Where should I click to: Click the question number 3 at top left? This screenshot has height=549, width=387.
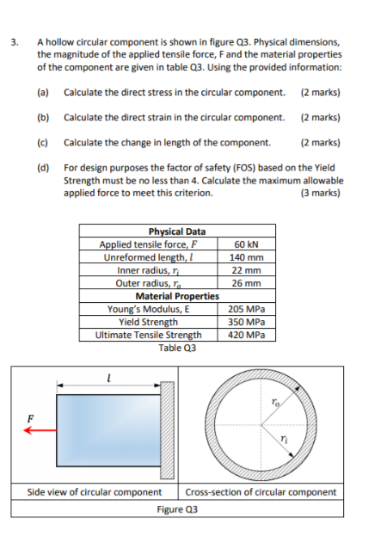pyautogui.click(x=14, y=40)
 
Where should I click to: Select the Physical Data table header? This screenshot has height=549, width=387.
pyautogui.click(x=177, y=231)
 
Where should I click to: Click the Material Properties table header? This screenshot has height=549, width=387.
pyautogui.click(x=177, y=296)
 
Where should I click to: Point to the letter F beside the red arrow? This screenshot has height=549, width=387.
pyautogui.click(x=31, y=420)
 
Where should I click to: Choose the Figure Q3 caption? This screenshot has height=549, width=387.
pyautogui.click(x=177, y=509)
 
